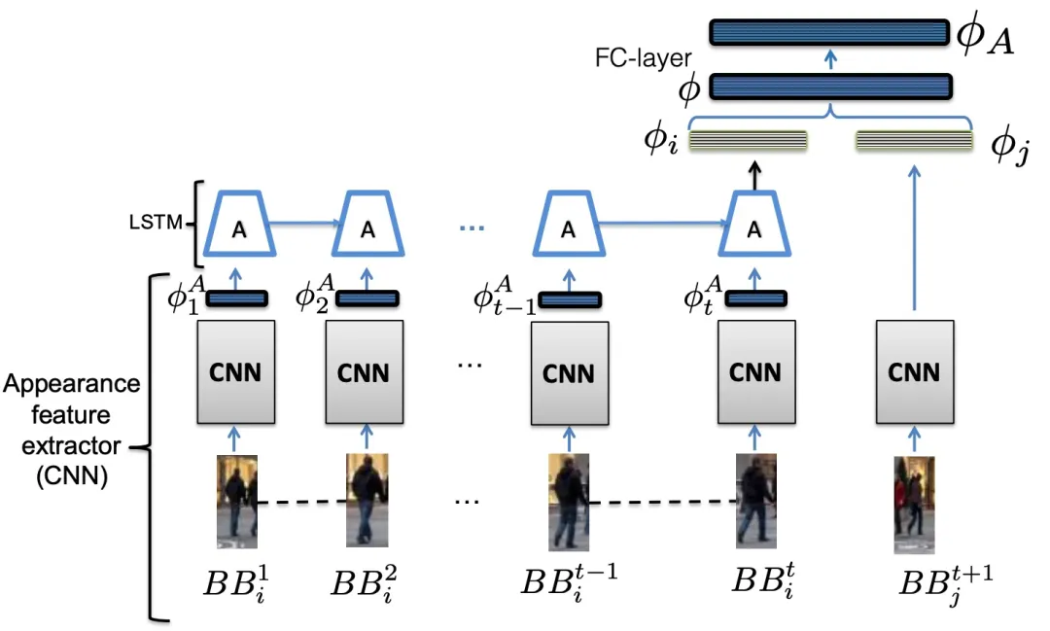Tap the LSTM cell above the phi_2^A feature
pos(367,227)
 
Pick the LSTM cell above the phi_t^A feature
pos(754,227)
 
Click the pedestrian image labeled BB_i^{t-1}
pos(569,502)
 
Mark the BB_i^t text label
pos(763,581)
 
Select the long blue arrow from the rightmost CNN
pos(914,239)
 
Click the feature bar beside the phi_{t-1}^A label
pos(569,298)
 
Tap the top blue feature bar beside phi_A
pos(829,32)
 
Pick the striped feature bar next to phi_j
pos(913,141)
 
